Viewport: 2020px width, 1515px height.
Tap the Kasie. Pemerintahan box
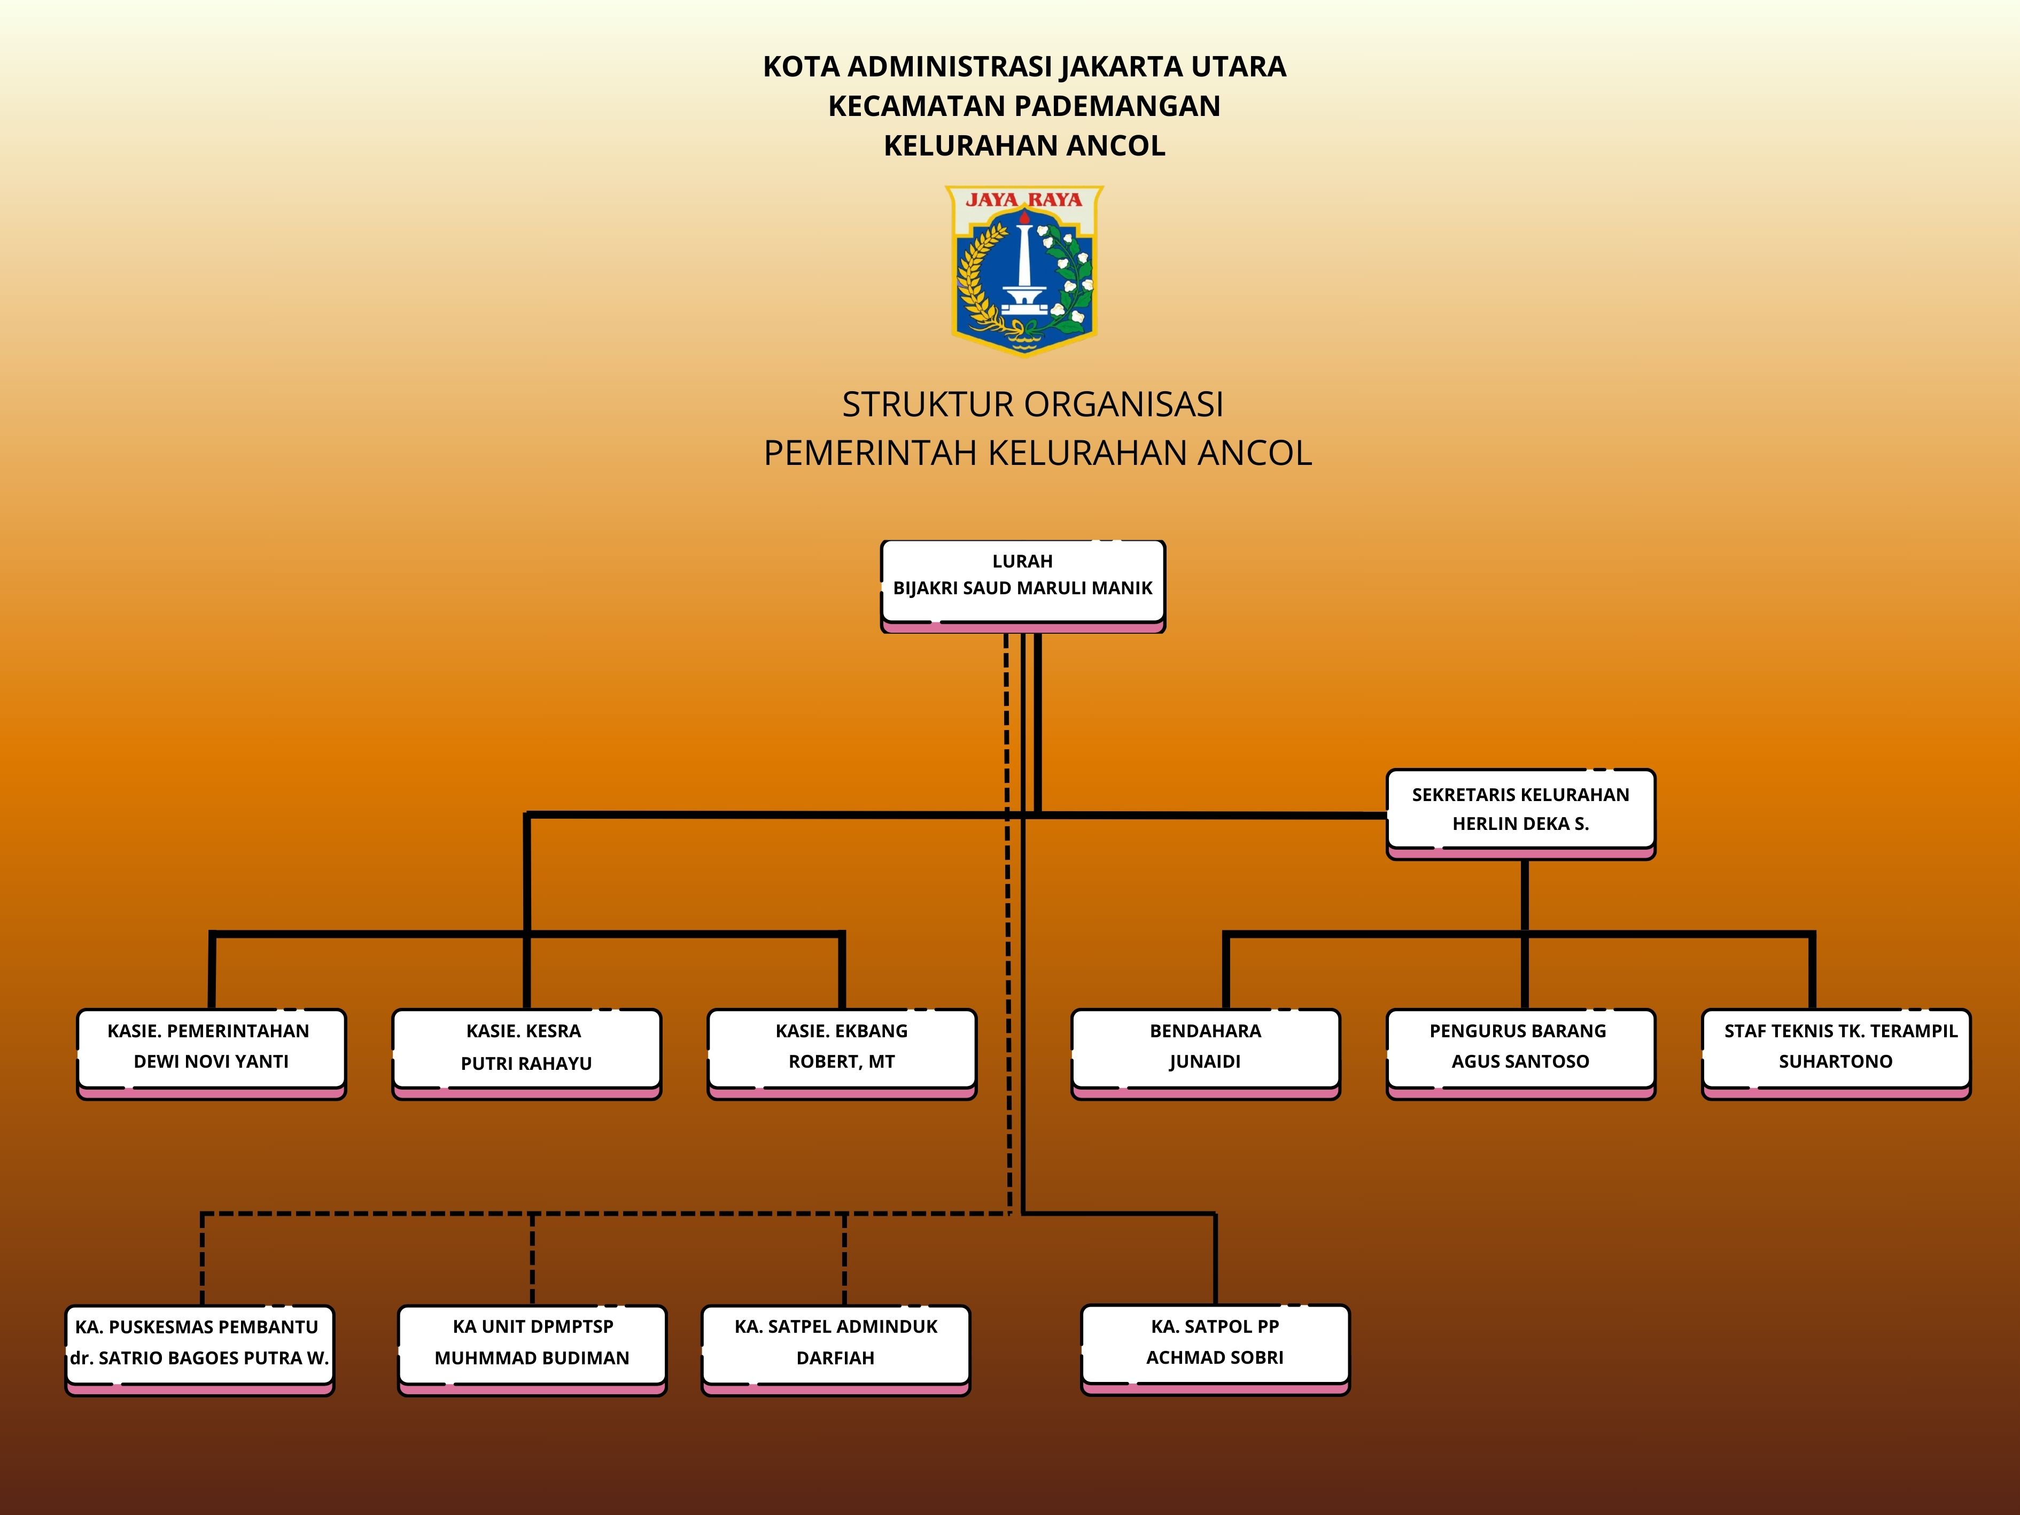pyautogui.click(x=211, y=1054)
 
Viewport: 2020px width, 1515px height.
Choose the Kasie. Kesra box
pyautogui.click(x=526, y=1054)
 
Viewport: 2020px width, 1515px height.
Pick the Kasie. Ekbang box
pyautogui.click(x=842, y=1054)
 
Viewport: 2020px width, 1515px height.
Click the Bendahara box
pyautogui.click(x=1206, y=1054)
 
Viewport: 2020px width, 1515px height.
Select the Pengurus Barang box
pyautogui.click(x=1520, y=1054)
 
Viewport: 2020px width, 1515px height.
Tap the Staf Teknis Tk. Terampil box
pyautogui.click(x=1837, y=1054)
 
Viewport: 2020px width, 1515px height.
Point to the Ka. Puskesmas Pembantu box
pyautogui.click(x=200, y=1350)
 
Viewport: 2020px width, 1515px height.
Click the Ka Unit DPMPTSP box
pyautogui.click(x=532, y=1350)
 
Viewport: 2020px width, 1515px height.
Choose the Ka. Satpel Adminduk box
pyautogui.click(x=836, y=1350)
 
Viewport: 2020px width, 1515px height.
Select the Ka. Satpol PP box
pyautogui.click(x=1215, y=1350)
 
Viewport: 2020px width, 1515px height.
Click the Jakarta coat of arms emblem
pyautogui.click(x=1024, y=270)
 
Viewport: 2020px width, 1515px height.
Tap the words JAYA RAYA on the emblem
pyautogui.click(x=1024, y=199)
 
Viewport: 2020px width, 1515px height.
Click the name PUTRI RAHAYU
pyautogui.click(x=526, y=1063)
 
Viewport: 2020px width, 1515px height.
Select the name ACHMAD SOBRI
pyautogui.click(x=1215, y=1357)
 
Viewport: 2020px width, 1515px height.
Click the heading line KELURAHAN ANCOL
pyautogui.click(x=1024, y=145)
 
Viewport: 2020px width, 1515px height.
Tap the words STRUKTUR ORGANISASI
pyautogui.click(x=1033, y=403)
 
